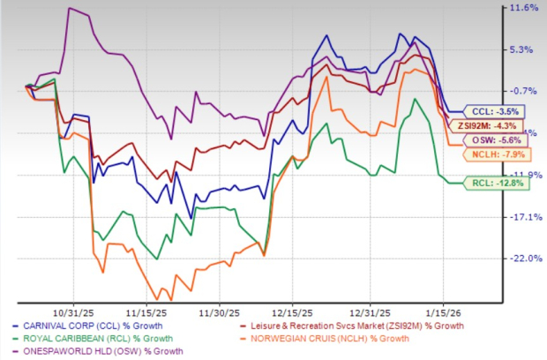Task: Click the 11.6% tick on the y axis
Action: click(x=522, y=8)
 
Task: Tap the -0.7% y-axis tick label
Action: click(x=523, y=91)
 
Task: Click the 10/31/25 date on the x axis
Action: click(x=71, y=311)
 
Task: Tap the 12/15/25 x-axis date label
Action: click(x=293, y=311)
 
